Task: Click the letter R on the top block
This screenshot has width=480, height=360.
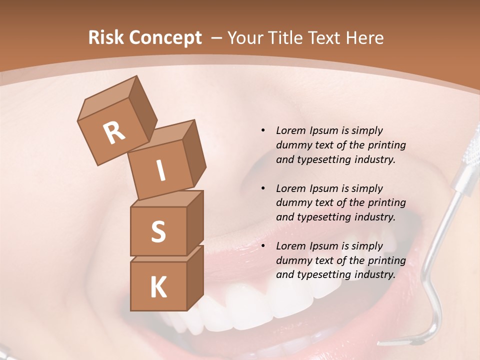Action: (114, 132)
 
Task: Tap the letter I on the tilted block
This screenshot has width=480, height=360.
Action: (161, 170)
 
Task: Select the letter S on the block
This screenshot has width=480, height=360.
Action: (158, 231)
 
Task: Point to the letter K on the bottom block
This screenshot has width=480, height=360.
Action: (158, 287)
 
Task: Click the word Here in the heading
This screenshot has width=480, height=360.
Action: (364, 38)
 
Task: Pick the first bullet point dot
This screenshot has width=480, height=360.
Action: (263, 130)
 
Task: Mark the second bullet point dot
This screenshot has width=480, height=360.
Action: (263, 188)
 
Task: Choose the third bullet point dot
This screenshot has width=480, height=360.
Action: (263, 246)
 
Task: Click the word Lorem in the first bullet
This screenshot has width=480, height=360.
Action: (289, 130)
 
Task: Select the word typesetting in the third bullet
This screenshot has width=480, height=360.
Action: (324, 274)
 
